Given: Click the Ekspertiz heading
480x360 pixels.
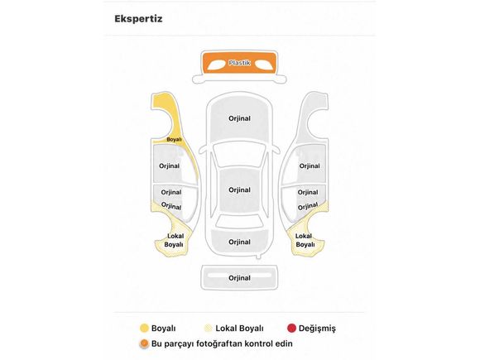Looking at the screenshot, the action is point(138,19).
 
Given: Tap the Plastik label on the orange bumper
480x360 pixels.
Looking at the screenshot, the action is point(239,63).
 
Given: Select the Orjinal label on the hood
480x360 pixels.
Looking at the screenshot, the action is point(239,118).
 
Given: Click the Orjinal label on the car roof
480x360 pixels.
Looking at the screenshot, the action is point(239,190).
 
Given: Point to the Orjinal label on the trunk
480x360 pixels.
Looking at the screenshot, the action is point(239,242).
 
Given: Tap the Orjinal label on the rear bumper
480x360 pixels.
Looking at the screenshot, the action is point(239,278).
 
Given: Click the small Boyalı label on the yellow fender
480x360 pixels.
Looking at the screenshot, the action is point(174,140).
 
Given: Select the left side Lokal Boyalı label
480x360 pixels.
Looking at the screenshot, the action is point(174,240).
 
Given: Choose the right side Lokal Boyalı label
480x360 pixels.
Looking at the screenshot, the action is point(305,240).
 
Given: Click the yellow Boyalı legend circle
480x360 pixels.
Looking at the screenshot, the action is point(144,329).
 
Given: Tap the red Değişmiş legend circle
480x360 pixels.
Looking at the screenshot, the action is point(291,329).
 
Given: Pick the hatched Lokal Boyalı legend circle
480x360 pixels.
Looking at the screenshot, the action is point(209,329).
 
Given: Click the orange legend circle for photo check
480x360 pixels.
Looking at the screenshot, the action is point(144,343).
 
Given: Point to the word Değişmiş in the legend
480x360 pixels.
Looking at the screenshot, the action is point(317,329).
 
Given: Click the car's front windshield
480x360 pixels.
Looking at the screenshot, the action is point(239,155).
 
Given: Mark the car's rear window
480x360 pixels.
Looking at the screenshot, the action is point(239,221).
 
